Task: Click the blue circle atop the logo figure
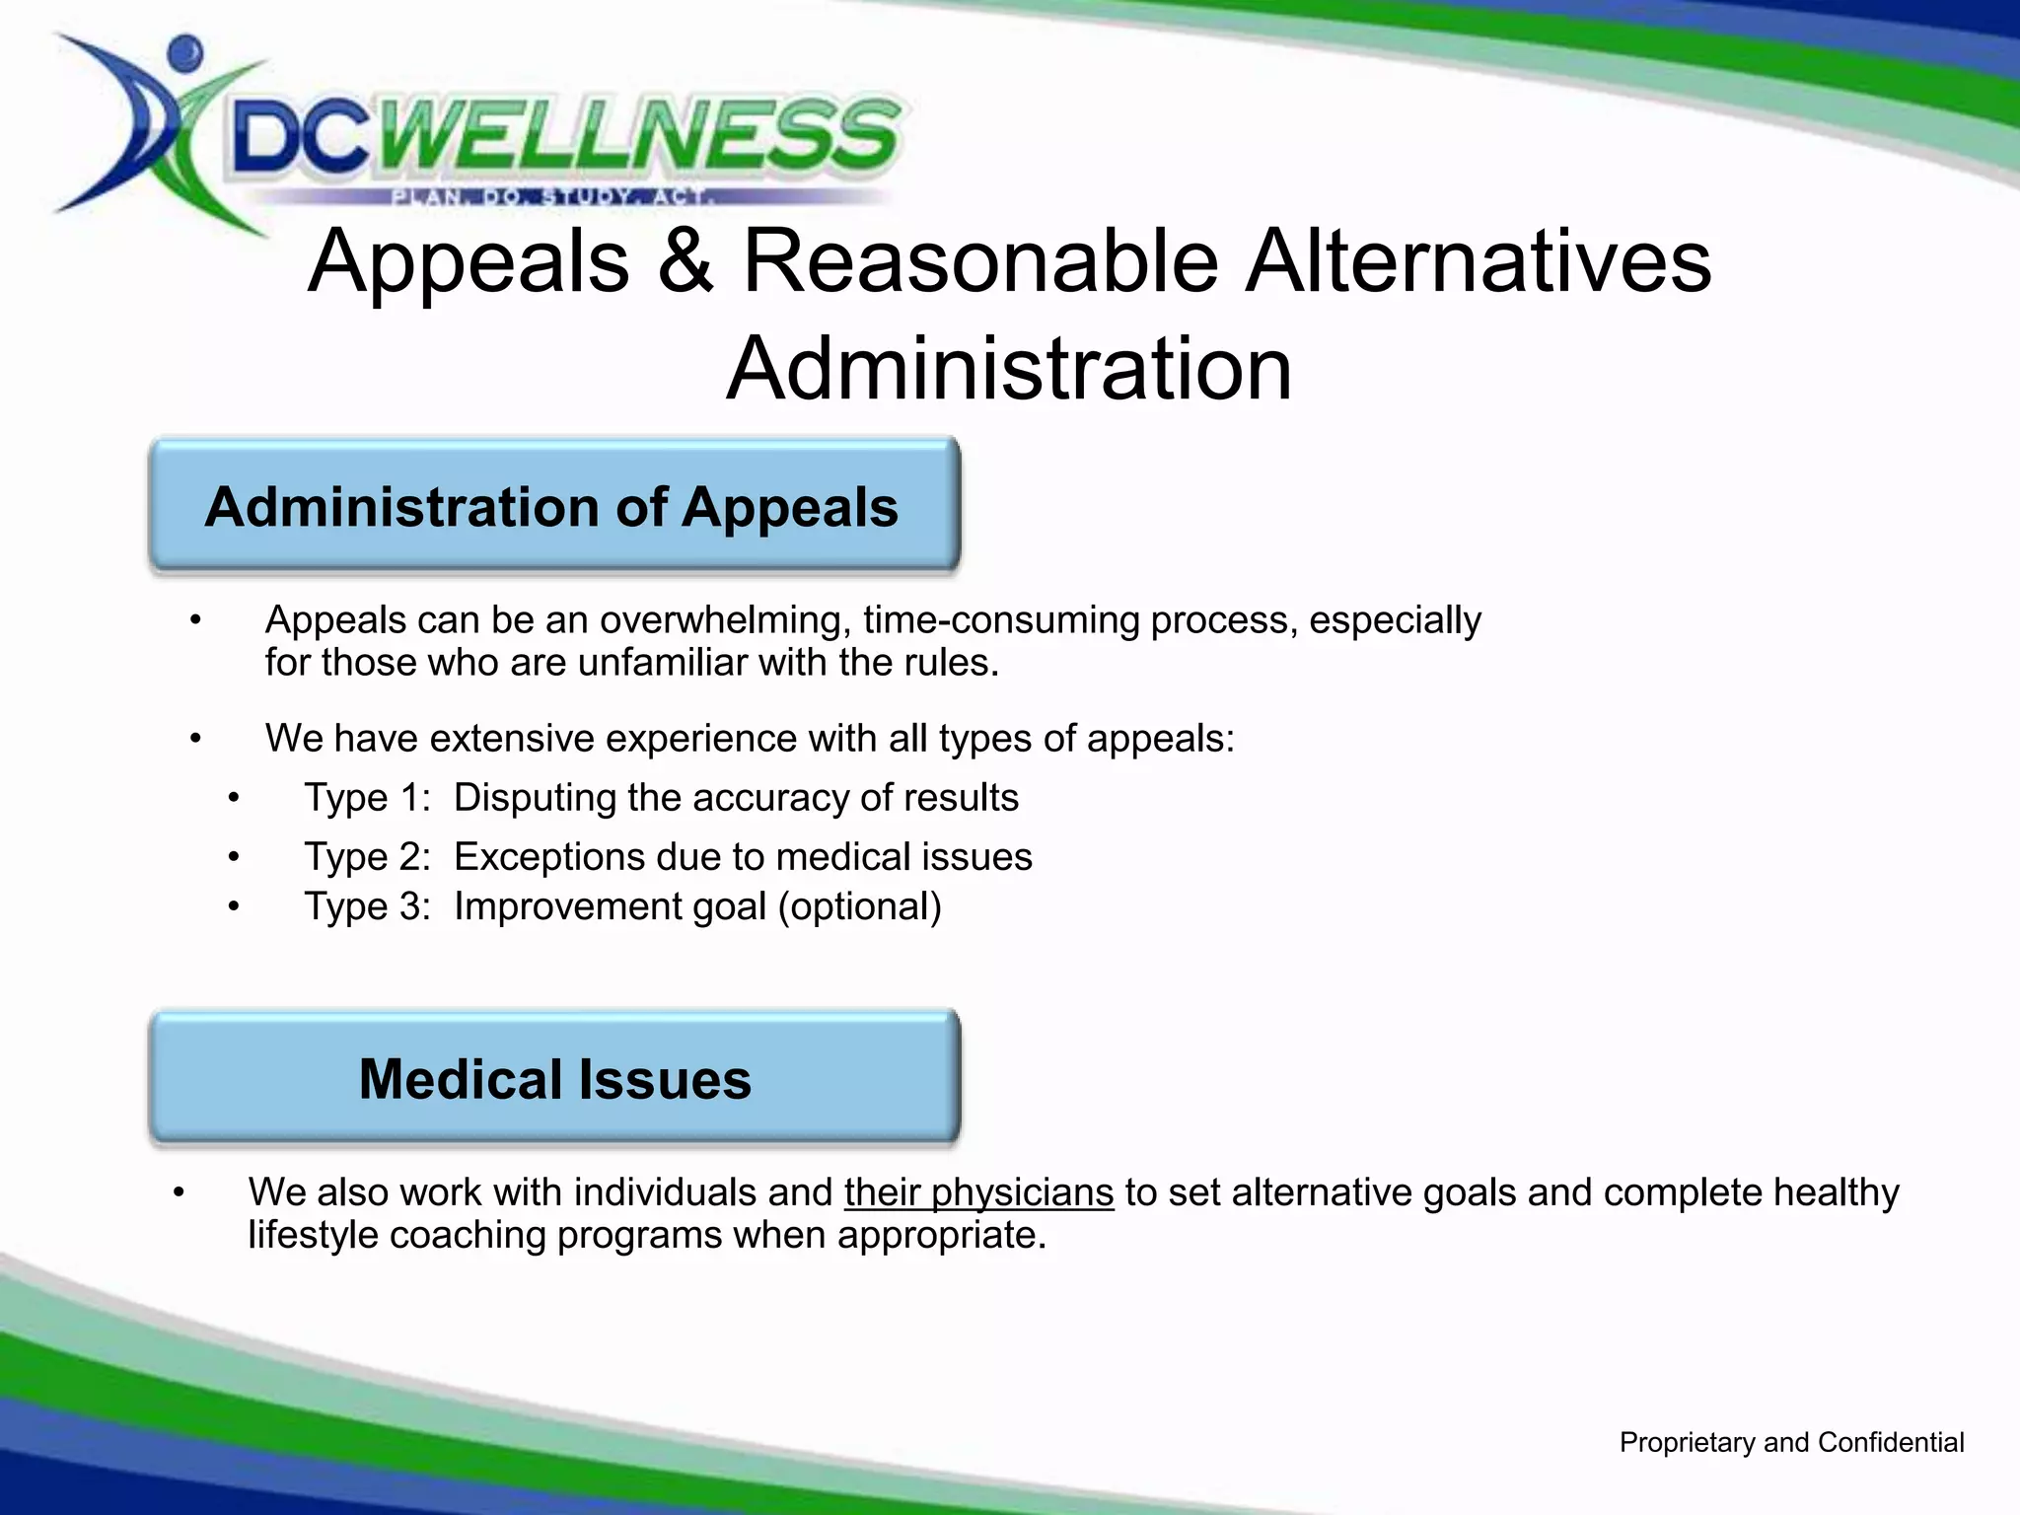184,51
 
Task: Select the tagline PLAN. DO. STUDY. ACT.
552,196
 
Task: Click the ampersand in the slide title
685,261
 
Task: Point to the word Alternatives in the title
1477,261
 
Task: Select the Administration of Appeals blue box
553,506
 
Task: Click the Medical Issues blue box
553,1078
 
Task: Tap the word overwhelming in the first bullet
726,620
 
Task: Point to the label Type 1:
368,797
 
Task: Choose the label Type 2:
368,856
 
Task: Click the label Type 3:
368,905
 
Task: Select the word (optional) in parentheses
859,906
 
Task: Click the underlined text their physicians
978,1192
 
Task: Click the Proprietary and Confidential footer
1791,1442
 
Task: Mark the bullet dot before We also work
179,1193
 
